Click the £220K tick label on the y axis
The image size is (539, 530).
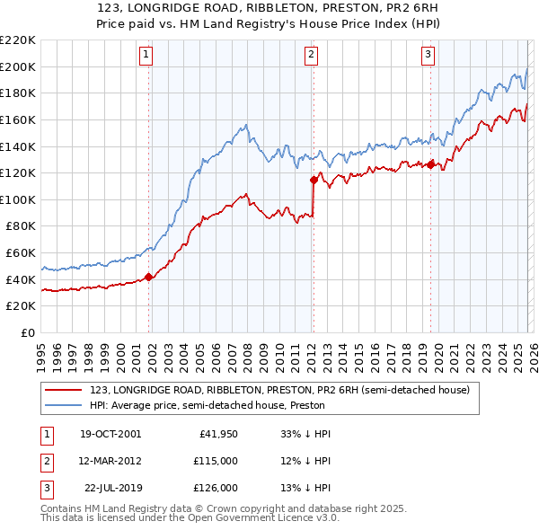18,40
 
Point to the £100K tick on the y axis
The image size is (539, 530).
18,199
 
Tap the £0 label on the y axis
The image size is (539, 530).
28,332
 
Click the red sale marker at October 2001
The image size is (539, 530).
149,277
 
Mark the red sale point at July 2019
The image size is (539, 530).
431,164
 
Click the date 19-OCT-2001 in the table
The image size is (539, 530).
110,434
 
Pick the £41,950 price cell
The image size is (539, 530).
216,434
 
